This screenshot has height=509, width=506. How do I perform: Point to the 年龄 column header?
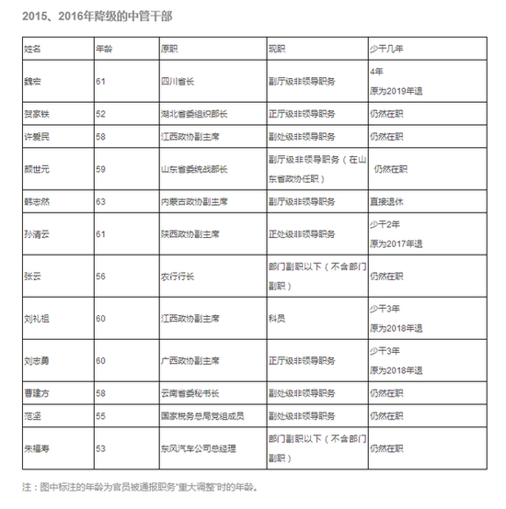pos(106,45)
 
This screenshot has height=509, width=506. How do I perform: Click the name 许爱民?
pos(36,135)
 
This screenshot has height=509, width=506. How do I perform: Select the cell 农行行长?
pos(176,275)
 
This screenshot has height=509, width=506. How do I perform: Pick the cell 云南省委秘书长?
pos(190,392)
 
